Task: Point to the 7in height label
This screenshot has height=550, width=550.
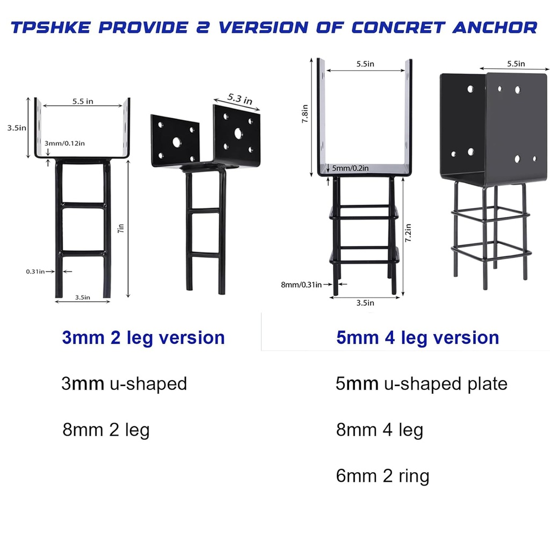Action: [x=121, y=228]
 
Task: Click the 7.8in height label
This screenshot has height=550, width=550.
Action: [x=305, y=114]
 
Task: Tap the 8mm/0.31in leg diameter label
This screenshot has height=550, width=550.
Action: [x=301, y=284]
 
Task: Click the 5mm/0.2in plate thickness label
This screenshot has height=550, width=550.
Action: [x=350, y=168]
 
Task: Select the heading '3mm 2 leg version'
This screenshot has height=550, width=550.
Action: [x=143, y=338]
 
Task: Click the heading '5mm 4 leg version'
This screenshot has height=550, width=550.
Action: [x=417, y=338]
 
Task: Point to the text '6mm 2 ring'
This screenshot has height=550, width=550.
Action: [x=382, y=476]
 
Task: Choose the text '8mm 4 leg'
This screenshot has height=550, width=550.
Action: [x=379, y=430]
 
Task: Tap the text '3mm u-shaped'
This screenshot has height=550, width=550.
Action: [x=124, y=383]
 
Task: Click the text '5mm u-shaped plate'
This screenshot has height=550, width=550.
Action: [x=421, y=383]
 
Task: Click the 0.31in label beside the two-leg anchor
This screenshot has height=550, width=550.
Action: [x=35, y=272]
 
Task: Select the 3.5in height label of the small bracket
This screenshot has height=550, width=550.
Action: [x=17, y=128]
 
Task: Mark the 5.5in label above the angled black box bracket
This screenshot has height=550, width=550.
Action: [x=516, y=64]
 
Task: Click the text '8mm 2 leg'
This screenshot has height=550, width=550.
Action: [x=105, y=430]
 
